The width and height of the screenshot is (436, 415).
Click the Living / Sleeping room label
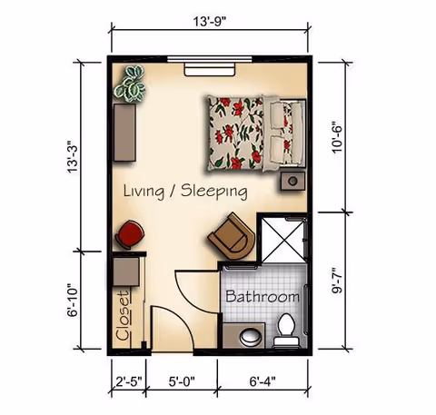[185, 191]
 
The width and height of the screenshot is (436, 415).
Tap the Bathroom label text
[262, 297]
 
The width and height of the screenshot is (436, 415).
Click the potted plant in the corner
[132, 83]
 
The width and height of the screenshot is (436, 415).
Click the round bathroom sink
[246, 336]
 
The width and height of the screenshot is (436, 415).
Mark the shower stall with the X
[282, 239]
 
